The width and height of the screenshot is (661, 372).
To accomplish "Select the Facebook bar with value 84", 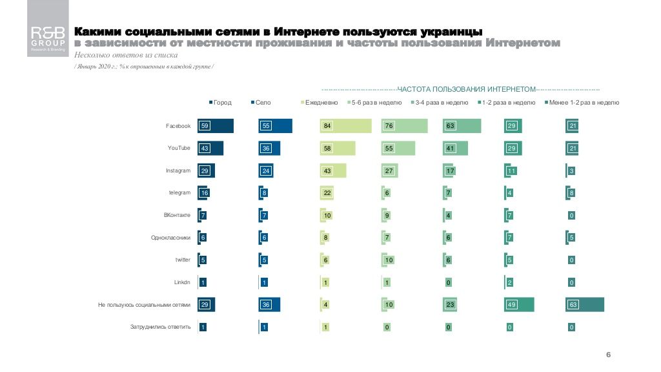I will pyautogui.click(x=346, y=126).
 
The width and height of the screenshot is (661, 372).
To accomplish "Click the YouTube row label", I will pyautogui.click(x=179, y=148).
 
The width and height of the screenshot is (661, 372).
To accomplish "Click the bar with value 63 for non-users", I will pyautogui.click(x=585, y=304).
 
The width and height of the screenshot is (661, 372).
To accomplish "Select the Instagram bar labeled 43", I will pyautogui.click(x=333, y=170).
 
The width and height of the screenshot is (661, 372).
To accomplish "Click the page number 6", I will pyautogui.click(x=608, y=355).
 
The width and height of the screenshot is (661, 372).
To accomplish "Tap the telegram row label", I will pyautogui.click(x=179, y=192).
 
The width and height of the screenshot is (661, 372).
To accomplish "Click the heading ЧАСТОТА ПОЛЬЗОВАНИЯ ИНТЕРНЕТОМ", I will pyautogui.click(x=467, y=89).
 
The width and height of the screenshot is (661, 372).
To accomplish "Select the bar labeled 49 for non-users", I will pyautogui.click(x=519, y=304).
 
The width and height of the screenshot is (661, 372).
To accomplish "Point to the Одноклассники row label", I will pyautogui.click(x=170, y=237).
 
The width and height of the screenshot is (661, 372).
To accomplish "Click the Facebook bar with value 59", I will pyautogui.click(x=216, y=126).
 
